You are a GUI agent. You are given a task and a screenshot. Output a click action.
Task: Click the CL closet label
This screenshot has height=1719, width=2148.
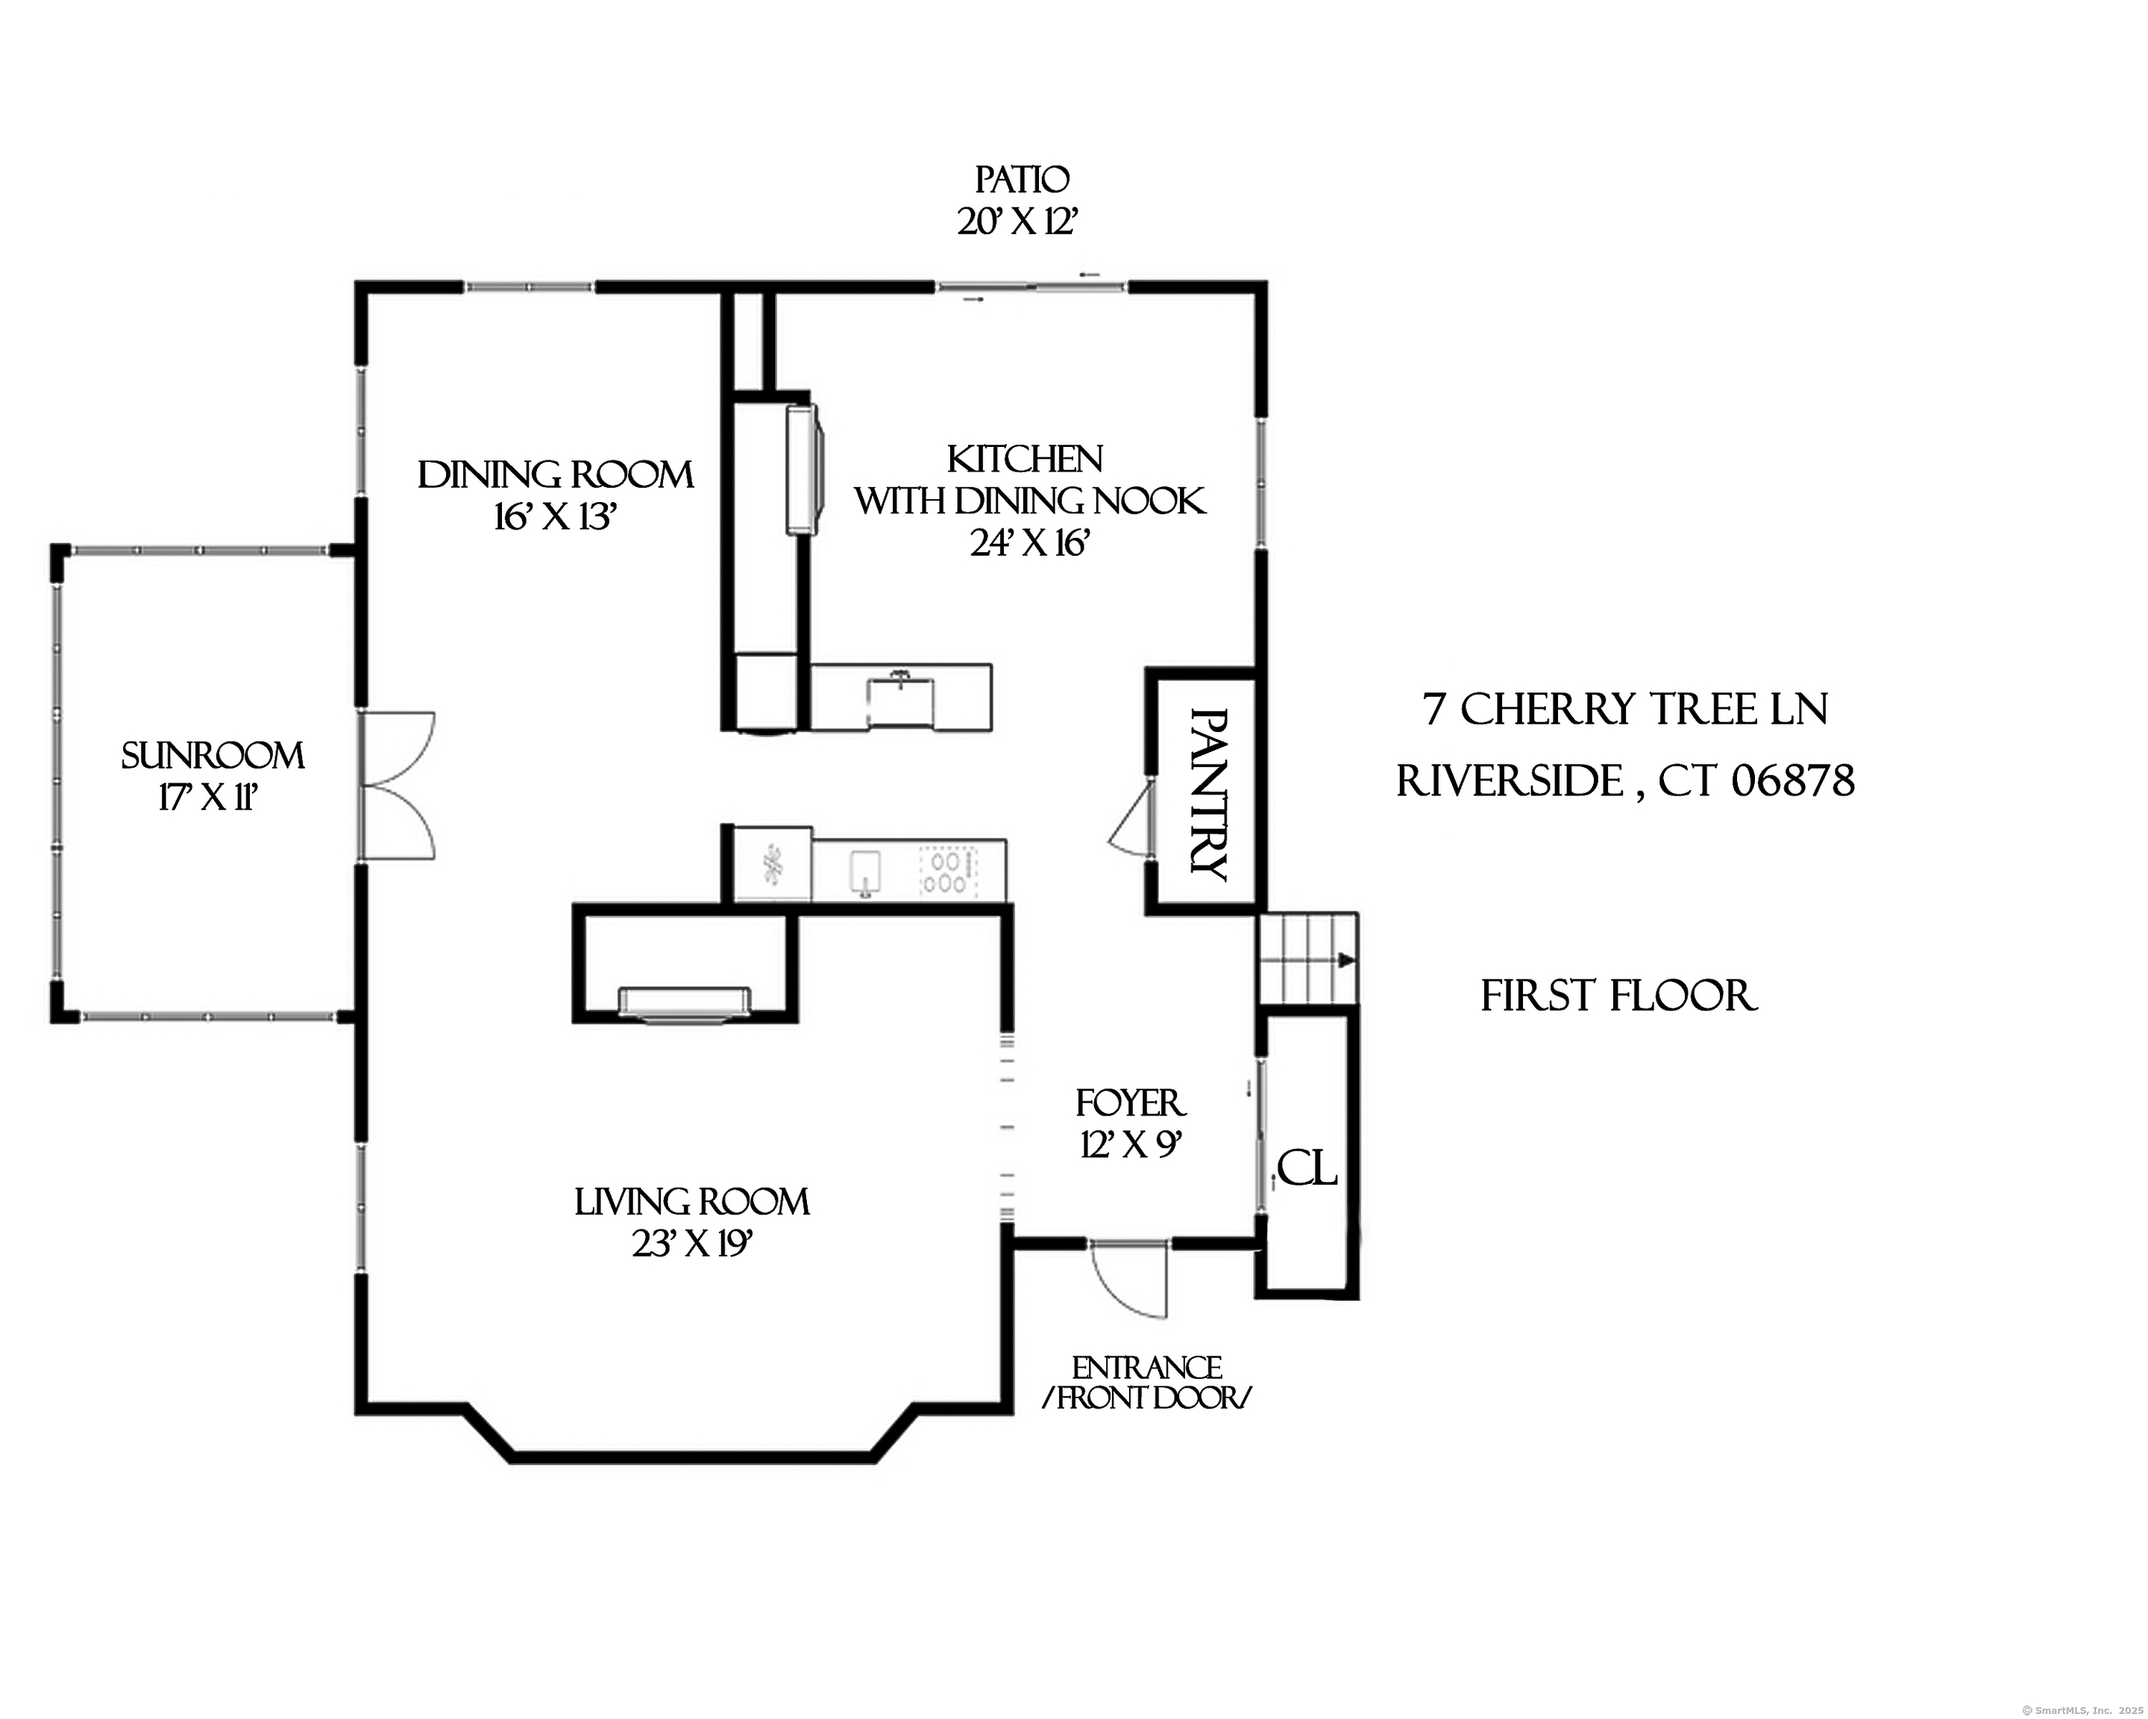(1306, 1169)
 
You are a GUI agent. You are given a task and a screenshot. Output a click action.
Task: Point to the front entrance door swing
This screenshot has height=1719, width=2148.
(1128, 1280)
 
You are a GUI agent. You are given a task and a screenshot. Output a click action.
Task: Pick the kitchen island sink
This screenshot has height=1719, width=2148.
(901, 701)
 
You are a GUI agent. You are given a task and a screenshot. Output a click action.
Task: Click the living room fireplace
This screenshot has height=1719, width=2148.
(685, 1004)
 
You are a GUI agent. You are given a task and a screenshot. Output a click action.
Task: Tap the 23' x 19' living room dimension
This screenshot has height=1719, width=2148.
(692, 1244)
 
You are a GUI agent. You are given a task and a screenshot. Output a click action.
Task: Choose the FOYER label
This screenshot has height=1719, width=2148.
(1131, 1103)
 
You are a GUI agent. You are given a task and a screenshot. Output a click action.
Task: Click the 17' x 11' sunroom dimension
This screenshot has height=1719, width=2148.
(210, 798)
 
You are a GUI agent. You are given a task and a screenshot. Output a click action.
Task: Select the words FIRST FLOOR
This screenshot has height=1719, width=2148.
(1619, 997)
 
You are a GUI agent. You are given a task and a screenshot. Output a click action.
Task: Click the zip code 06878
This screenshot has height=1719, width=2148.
(1792, 780)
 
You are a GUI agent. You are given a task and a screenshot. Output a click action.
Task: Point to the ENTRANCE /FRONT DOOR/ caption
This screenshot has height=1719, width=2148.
(1147, 1383)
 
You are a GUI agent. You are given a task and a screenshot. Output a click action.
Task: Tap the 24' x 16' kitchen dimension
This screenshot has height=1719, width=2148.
(1030, 543)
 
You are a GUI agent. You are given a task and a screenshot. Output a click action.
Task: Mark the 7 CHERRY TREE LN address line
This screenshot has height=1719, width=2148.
(1625, 710)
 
